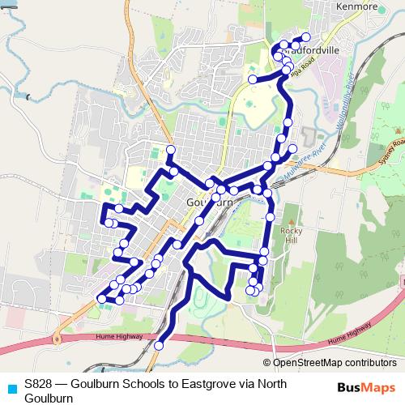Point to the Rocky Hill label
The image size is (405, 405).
291,236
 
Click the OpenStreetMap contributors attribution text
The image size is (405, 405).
334,363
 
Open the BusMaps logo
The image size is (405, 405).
367,388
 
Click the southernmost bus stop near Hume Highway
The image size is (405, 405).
159,345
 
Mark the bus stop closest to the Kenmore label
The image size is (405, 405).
306,37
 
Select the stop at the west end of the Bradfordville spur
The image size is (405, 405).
253,79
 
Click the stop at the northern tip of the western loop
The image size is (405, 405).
171,150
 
